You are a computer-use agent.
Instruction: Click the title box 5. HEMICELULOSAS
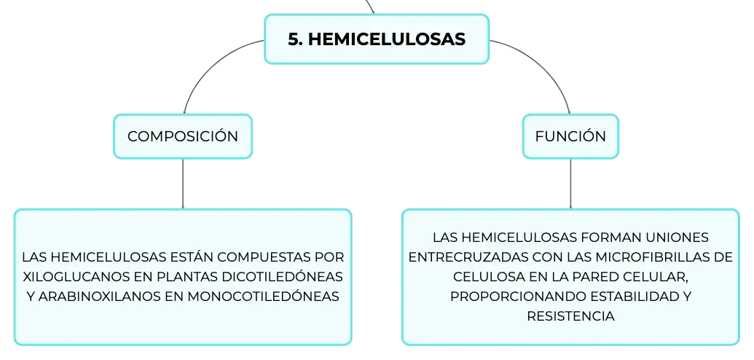pyautogui.click(x=377, y=39)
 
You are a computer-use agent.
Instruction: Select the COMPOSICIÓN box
pyautogui.click(x=183, y=136)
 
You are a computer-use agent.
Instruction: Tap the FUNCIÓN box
pyautogui.click(x=570, y=136)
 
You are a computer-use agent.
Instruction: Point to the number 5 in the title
pyautogui.click(x=293, y=39)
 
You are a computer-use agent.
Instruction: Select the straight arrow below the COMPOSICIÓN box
pyautogui.click(x=183, y=184)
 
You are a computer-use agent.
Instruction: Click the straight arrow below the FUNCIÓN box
pyautogui.click(x=570, y=184)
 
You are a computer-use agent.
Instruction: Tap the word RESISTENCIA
pyautogui.click(x=570, y=316)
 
